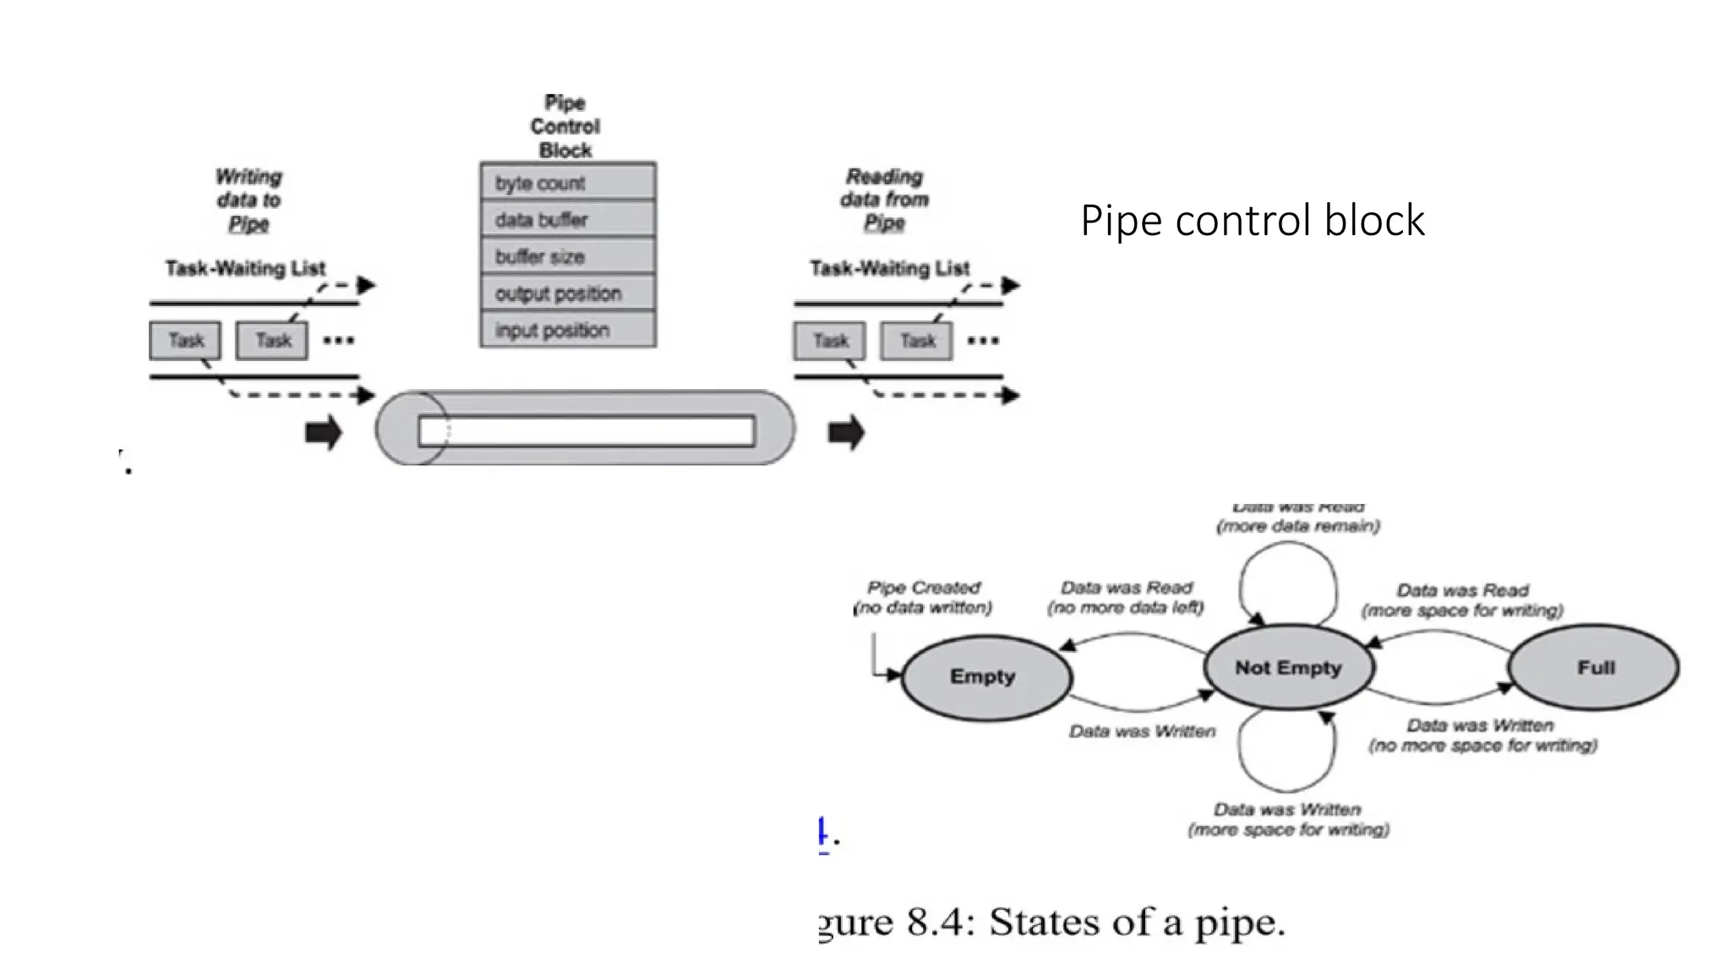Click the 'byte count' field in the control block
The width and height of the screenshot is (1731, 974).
click(x=567, y=183)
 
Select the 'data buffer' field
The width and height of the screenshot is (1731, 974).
click(x=567, y=220)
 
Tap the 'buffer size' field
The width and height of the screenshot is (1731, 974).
click(x=567, y=256)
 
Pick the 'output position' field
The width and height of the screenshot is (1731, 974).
click(x=567, y=293)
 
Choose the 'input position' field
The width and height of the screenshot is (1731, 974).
click(x=567, y=330)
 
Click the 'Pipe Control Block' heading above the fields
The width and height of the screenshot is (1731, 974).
click(x=565, y=127)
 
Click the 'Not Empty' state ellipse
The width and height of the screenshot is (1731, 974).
click(x=1288, y=668)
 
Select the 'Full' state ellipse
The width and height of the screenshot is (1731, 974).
click(x=1594, y=668)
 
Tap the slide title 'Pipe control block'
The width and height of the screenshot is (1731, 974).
click(x=1252, y=221)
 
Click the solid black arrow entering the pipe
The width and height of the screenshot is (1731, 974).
click(x=323, y=433)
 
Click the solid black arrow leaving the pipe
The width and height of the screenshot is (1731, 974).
click(x=845, y=433)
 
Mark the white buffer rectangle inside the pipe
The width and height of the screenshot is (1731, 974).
click(x=587, y=432)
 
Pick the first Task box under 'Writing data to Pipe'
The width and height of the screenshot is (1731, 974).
click(x=185, y=341)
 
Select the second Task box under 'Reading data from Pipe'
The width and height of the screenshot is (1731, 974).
click(x=916, y=341)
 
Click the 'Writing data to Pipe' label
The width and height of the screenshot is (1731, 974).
click(x=248, y=200)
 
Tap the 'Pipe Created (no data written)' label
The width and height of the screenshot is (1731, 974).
click(x=923, y=598)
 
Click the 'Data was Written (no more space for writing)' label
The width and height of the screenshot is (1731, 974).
click(x=1482, y=736)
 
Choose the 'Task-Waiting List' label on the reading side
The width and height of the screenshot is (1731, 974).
click(x=889, y=269)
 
